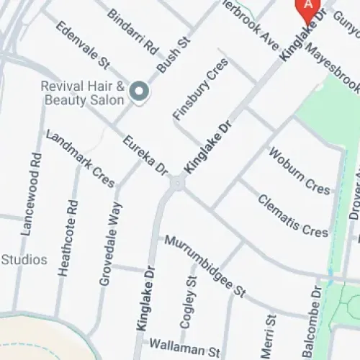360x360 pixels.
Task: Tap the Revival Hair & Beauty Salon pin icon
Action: coord(140,91)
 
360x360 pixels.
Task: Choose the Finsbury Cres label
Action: coord(201,88)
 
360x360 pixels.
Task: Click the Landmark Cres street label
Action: coord(80,158)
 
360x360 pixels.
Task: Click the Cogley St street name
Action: coord(189,305)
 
